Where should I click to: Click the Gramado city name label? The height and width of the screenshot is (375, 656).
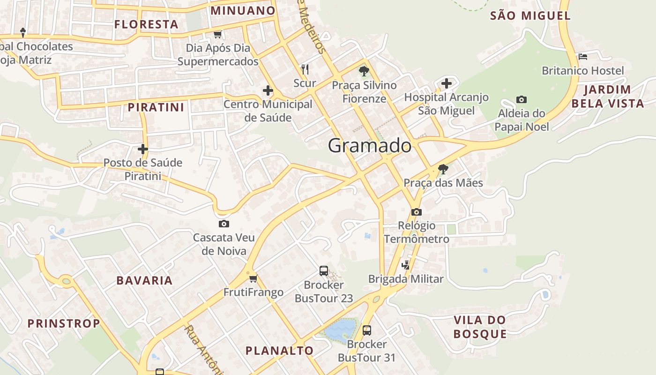[x=370, y=146]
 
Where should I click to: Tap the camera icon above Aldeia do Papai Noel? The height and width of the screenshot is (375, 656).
[x=521, y=99]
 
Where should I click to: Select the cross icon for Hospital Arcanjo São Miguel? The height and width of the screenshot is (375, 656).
[x=447, y=83]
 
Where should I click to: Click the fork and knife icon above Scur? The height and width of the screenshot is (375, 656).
[x=305, y=69]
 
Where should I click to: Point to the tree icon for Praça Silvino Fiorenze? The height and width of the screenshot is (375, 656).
[x=364, y=71]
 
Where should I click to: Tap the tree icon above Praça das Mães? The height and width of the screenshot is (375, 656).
[x=443, y=169]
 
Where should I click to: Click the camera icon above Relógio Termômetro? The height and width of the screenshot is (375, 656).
[x=416, y=212]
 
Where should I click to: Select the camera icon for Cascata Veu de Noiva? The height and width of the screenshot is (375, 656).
[x=224, y=224]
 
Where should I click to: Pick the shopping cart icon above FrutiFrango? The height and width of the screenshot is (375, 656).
[x=253, y=279]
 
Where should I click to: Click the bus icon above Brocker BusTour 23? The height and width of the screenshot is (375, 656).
[x=324, y=270]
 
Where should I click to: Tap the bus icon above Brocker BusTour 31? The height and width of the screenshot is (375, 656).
[x=367, y=330]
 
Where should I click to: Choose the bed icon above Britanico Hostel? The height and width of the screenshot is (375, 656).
[x=583, y=57]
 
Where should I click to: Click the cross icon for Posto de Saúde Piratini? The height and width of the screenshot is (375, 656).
[x=143, y=149]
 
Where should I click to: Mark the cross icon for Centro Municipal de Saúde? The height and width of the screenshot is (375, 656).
[x=268, y=90]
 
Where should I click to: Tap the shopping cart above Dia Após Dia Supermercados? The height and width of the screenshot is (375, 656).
[x=217, y=34]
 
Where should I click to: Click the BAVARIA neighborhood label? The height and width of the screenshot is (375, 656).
[x=144, y=281]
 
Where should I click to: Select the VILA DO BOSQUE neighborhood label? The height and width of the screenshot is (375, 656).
[x=480, y=327]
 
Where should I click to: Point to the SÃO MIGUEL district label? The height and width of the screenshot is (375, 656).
[x=530, y=16]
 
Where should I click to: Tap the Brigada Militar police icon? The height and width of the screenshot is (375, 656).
[x=406, y=265]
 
